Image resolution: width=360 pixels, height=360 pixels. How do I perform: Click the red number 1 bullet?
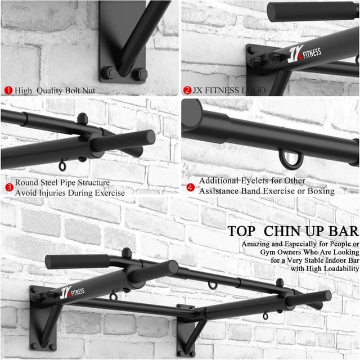[x=8, y=90]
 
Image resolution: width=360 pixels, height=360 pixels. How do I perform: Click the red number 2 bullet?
[x=187, y=90]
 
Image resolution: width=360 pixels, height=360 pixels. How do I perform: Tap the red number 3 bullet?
[x=8, y=187]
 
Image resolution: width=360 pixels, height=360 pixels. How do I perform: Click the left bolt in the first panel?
[x=107, y=73]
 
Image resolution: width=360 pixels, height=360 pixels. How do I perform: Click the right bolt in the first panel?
[x=139, y=74]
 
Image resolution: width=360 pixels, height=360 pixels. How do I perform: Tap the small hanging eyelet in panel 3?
[x=63, y=165]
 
